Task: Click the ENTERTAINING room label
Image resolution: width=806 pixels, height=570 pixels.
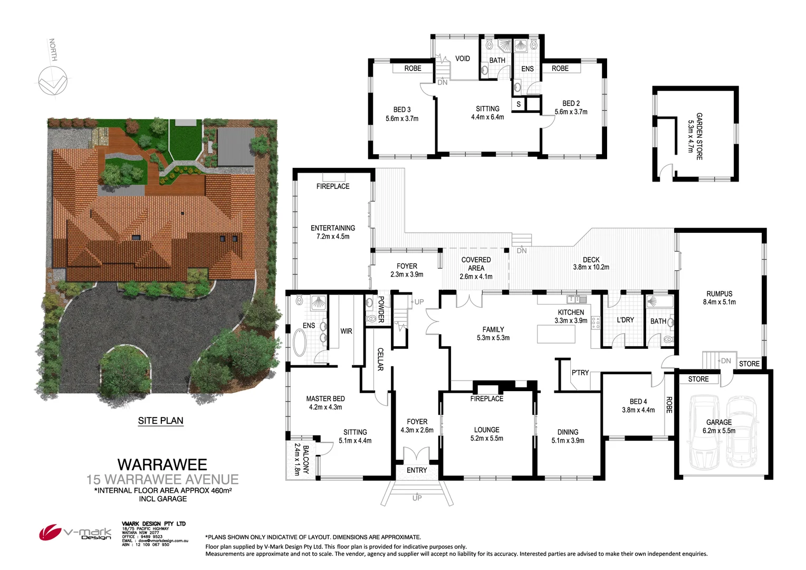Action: [333, 228]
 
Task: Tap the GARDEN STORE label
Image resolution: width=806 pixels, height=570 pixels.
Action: [699, 136]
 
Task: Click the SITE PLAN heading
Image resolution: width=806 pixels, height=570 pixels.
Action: [160, 421]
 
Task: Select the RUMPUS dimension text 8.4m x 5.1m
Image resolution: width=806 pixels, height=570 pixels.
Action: [719, 302]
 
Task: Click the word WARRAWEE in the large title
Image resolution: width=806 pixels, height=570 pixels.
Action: [162, 464]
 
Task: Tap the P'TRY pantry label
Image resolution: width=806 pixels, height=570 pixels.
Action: [580, 373]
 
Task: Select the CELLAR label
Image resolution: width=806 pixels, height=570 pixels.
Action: [380, 359]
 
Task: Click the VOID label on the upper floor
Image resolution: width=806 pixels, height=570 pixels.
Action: [463, 59]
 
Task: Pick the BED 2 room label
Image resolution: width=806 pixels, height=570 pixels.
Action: [571, 103]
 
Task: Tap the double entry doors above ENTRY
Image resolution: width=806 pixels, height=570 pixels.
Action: [417, 454]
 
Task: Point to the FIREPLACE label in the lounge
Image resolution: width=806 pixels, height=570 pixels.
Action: [486, 398]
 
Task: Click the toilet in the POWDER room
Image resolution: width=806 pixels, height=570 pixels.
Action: [371, 318]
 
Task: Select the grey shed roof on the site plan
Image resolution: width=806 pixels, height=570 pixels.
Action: [236, 146]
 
